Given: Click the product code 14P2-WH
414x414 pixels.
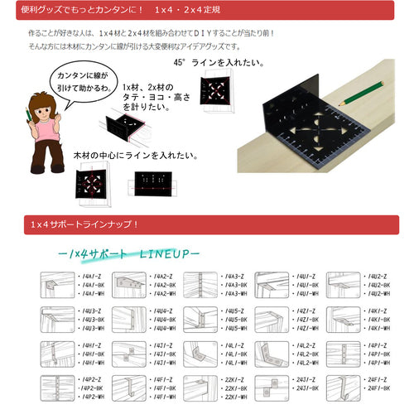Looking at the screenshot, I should (89, 397).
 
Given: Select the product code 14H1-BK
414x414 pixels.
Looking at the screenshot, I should (89, 354).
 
